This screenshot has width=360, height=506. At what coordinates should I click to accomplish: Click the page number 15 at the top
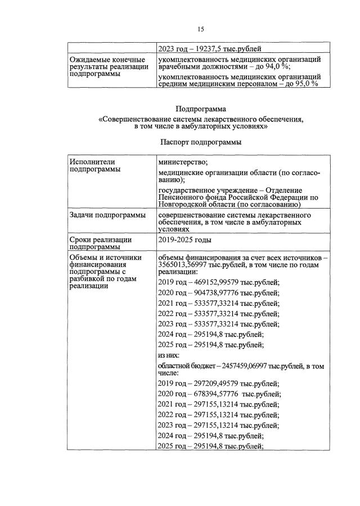click(201, 29)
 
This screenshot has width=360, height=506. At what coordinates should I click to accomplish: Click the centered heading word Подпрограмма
click(200, 109)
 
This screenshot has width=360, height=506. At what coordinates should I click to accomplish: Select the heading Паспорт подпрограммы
click(200, 142)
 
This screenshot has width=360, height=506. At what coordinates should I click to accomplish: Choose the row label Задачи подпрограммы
click(106, 215)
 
